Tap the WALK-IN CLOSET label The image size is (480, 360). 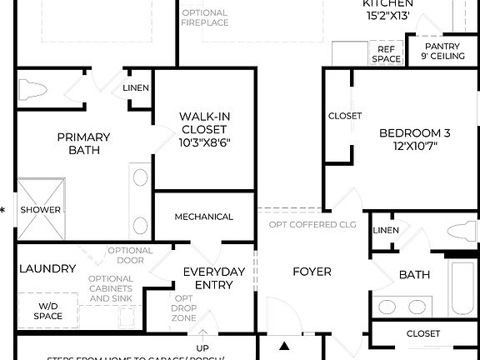point(205,129)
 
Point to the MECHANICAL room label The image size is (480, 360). point(203,217)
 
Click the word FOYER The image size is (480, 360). point(311,272)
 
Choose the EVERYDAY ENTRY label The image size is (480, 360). point(214,278)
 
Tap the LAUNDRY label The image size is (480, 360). point(47,268)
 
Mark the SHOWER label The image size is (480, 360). point(41,210)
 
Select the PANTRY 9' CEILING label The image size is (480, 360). point(443,51)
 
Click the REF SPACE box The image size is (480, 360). point(386,54)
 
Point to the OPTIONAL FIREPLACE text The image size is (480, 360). point(205,17)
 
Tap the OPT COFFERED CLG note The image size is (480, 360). point(313,224)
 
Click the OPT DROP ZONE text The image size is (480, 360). point(184,307)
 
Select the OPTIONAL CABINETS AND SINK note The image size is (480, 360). point(110,288)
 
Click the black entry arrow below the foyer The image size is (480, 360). point(284,346)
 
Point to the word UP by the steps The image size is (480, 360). point(202,348)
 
